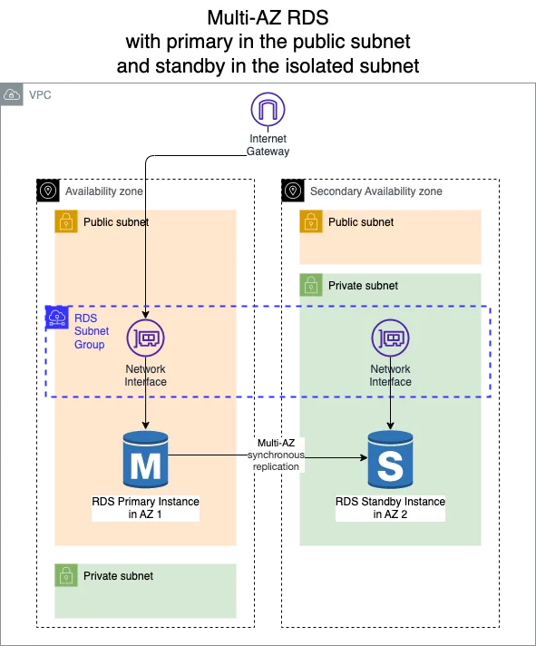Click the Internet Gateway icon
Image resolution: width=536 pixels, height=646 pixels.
coord(268,111)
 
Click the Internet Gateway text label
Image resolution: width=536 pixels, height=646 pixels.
coord(268,145)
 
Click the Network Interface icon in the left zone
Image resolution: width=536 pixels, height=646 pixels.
coord(145,339)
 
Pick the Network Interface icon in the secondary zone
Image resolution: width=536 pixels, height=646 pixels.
coord(390,339)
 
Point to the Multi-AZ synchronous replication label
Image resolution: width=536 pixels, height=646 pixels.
coord(276,454)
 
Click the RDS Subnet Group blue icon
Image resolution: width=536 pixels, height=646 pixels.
coord(56,318)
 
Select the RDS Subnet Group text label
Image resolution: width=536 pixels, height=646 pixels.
coord(90,331)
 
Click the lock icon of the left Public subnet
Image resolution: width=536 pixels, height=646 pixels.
coord(64,221)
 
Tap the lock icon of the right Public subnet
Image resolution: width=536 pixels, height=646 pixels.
coord(309,221)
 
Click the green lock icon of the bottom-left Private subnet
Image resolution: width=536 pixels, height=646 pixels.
coord(64,575)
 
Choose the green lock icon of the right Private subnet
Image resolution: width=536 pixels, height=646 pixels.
coord(309,285)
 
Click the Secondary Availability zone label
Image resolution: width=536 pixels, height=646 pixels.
coord(375,191)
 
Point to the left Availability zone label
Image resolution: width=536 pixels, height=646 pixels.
coord(104,191)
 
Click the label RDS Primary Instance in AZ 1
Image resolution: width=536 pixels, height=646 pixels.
coord(145,508)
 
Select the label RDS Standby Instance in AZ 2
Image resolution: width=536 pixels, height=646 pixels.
coord(390,508)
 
